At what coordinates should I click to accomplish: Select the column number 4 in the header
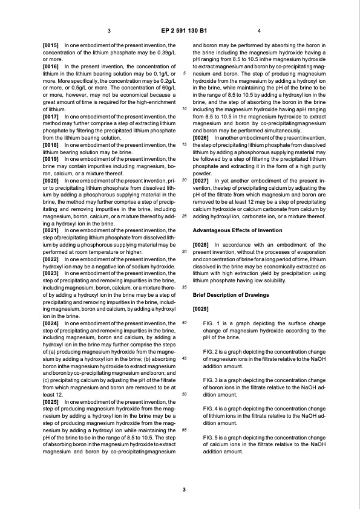pyautogui.click(x=259, y=30)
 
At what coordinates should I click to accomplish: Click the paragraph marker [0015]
pyautogui.click(x=51, y=45)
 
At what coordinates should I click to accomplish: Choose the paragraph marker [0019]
pyautogui.click(x=51, y=140)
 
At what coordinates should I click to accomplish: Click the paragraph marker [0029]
pyautogui.click(x=201, y=309)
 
